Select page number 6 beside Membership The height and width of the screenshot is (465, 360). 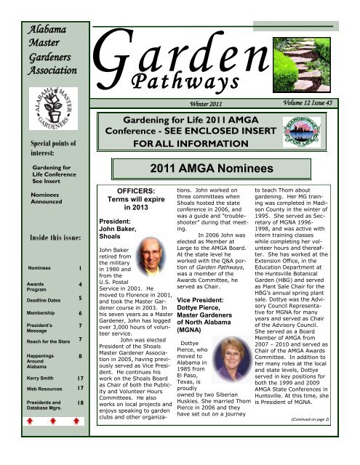(78, 333)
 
